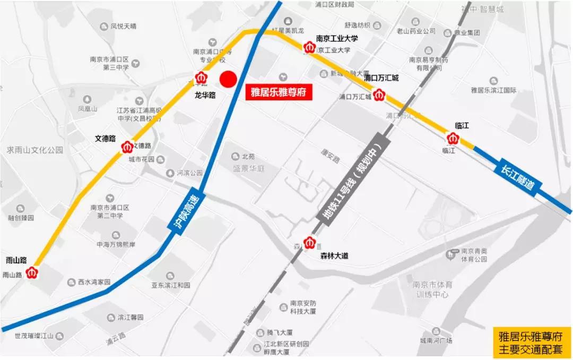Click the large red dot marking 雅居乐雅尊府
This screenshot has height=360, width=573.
click(x=228, y=80)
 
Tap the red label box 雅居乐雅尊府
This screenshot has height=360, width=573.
click(x=279, y=92)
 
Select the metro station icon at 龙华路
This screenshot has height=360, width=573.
click(x=201, y=78)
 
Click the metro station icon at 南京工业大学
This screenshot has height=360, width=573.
click(x=309, y=48)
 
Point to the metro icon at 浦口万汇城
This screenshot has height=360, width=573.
click(x=378, y=96)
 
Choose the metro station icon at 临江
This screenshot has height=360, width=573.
click(x=453, y=139)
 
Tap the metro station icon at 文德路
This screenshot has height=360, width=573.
click(x=127, y=147)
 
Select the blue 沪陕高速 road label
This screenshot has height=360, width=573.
click(x=184, y=211)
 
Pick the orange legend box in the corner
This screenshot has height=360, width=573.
click(x=532, y=342)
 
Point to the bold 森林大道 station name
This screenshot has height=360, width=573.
click(x=334, y=256)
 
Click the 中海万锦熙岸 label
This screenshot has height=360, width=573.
click(x=116, y=245)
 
